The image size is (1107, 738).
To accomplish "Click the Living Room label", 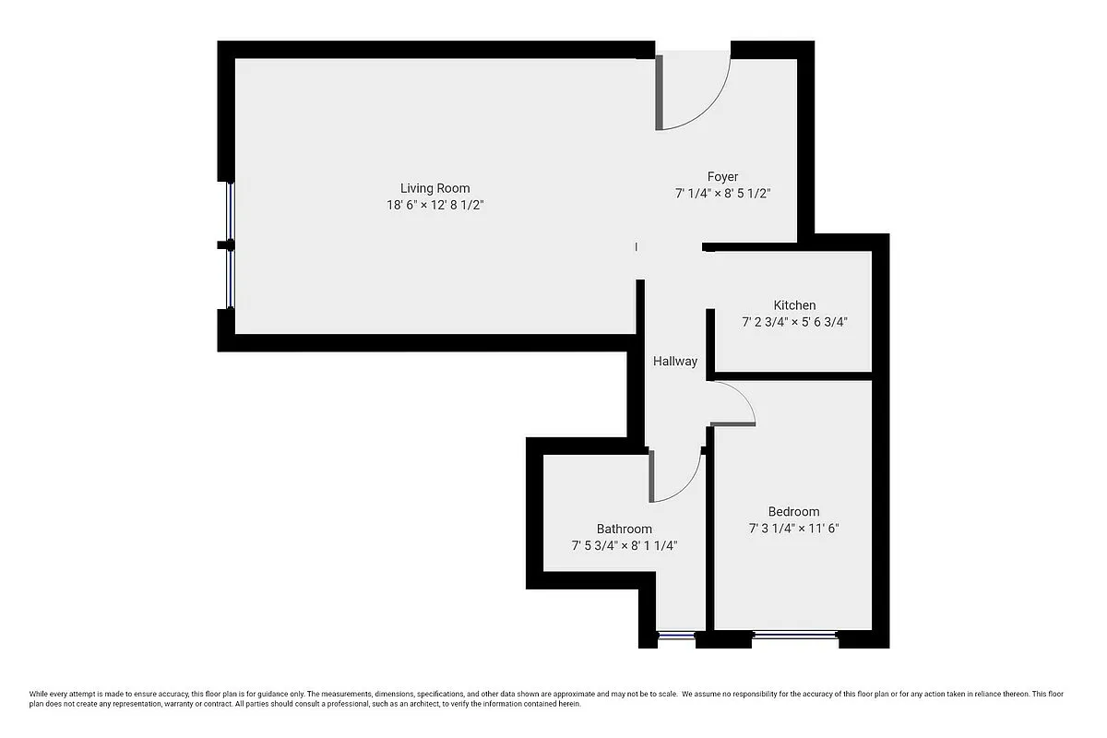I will [x=434, y=188].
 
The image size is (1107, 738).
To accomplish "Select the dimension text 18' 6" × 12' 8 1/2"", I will [x=434, y=206].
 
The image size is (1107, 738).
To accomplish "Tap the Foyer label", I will [x=722, y=176].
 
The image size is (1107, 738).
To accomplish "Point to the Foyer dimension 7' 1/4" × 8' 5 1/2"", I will [x=722, y=194].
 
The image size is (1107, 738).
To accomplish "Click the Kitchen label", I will [x=794, y=305].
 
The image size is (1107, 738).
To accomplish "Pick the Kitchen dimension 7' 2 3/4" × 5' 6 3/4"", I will [x=794, y=323].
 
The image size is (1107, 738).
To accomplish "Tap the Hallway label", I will [x=675, y=362].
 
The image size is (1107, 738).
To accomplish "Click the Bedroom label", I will [x=793, y=512].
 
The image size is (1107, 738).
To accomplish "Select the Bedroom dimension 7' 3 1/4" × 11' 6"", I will [x=793, y=530].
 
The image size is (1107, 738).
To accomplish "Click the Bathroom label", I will [x=624, y=529].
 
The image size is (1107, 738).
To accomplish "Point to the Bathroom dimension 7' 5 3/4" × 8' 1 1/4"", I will [x=624, y=546].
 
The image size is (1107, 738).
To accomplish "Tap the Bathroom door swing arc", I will [x=681, y=480].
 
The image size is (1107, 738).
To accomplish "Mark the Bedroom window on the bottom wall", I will [x=794, y=635].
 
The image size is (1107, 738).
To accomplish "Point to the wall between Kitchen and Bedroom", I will [x=793, y=375].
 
